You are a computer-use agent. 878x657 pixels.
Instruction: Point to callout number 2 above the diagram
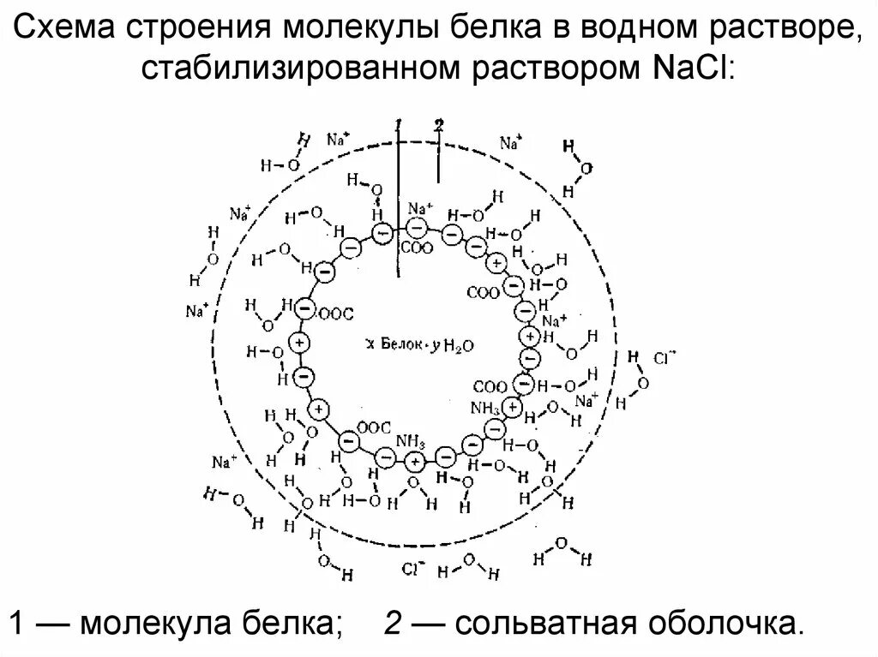[438, 126]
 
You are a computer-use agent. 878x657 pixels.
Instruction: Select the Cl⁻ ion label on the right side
[665, 358]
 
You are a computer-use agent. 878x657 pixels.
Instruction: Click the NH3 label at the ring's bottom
[411, 441]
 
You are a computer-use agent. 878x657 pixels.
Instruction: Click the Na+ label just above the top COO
[420, 208]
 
